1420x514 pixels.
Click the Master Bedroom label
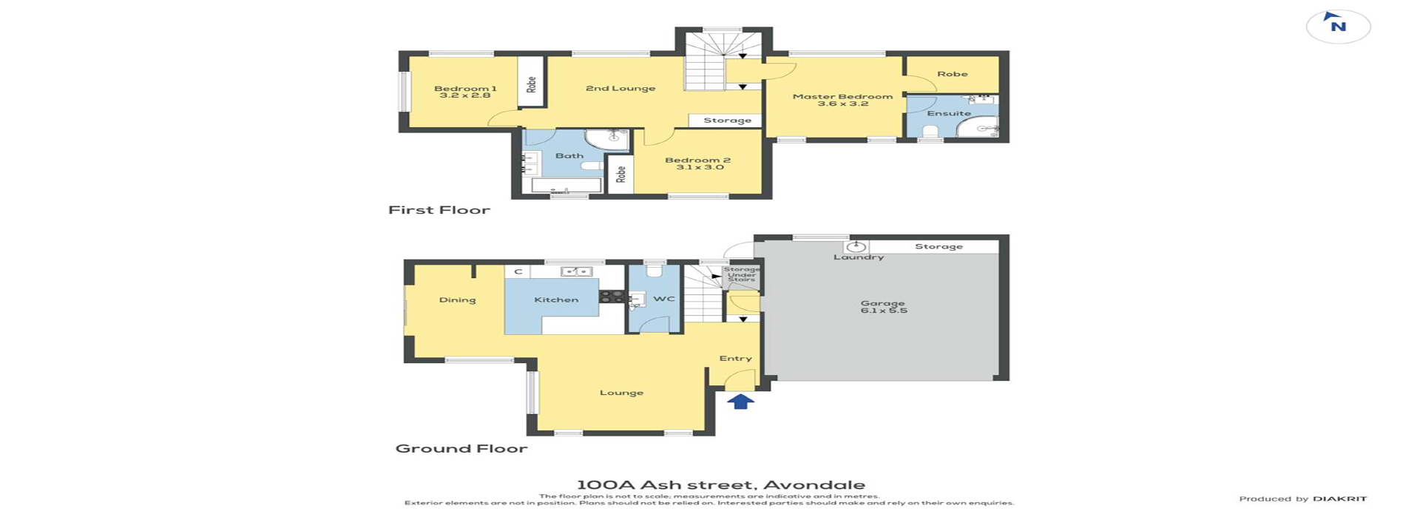(842, 96)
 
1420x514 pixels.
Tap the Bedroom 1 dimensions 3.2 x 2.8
(464, 95)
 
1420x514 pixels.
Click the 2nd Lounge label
(621, 88)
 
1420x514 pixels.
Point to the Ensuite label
(948, 113)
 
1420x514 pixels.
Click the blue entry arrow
(740, 401)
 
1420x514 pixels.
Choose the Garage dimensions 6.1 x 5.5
(883, 311)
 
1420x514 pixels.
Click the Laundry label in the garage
(859, 257)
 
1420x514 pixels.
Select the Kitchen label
(556, 300)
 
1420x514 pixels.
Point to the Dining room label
(457, 300)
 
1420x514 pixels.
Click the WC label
(664, 299)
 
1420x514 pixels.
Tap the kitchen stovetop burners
(612, 297)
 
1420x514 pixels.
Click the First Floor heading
(439, 210)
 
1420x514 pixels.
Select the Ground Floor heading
(461, 448)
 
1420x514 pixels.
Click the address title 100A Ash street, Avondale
(720, 485)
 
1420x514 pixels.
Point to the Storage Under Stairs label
(741, 274)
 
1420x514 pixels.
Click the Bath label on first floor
(569, 155)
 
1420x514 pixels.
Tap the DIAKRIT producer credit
(1339, 499)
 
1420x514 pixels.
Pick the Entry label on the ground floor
(735, 359)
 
